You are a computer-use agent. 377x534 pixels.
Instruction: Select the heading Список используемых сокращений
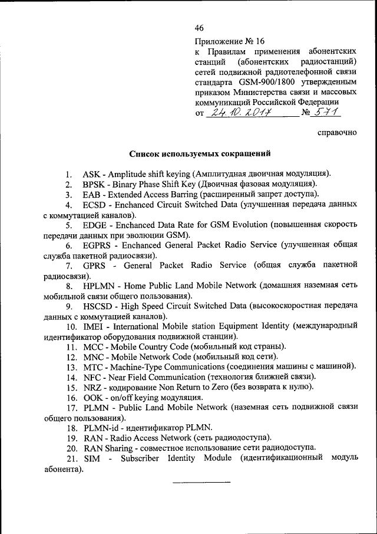(200, 155)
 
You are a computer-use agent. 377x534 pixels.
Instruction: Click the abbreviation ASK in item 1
(91, 173)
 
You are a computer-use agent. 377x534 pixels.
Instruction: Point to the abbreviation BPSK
(94, 184)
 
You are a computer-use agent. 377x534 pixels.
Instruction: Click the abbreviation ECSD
(95, 205)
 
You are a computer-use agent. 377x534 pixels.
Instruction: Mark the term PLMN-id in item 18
(101, 428)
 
